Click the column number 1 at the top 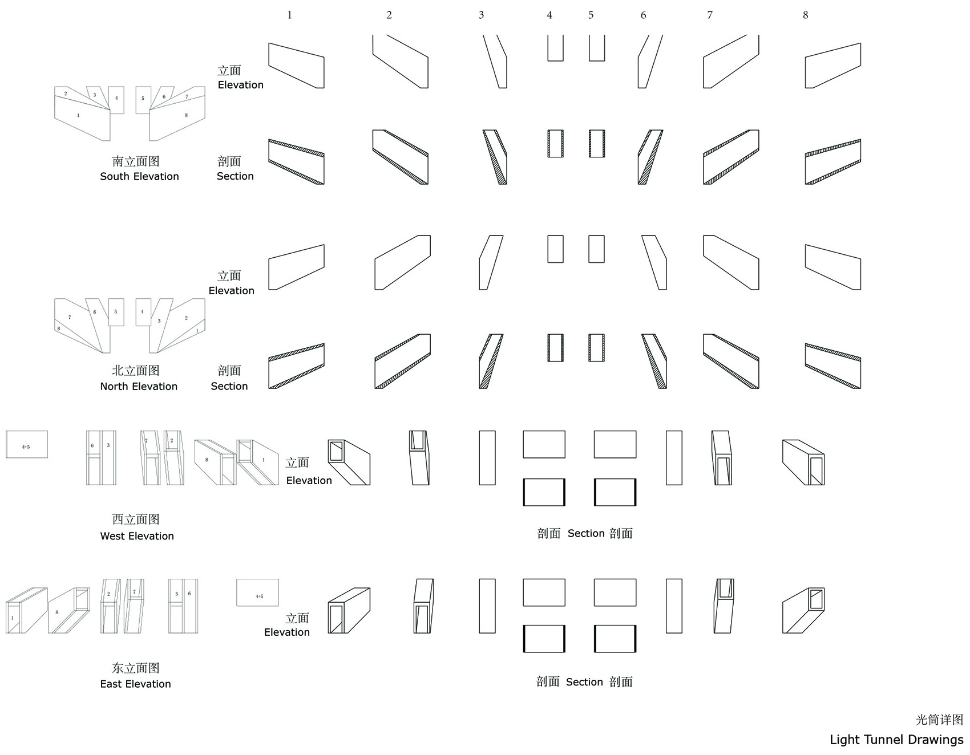[x=289, y=15]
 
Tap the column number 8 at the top [x=805, y=15]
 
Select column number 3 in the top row [x=481, y=15]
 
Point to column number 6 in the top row [x=643, y=15]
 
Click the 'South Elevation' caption [x=139, y=176]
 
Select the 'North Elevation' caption [x=139, y=386]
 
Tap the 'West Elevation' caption [x=137, y=536]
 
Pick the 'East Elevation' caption [x=135, y=684]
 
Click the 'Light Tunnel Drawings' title [x=896, y=740]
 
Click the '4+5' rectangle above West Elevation [x=27, y=444]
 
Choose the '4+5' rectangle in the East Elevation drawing [x=258, y=592]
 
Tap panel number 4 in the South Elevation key [x=116, y=100]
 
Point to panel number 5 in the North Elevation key [x=116, y=312]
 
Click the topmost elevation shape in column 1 [x=296, y=66]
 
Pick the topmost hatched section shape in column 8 [x=832, y=162]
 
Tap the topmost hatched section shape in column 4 [x=555, y=144]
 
